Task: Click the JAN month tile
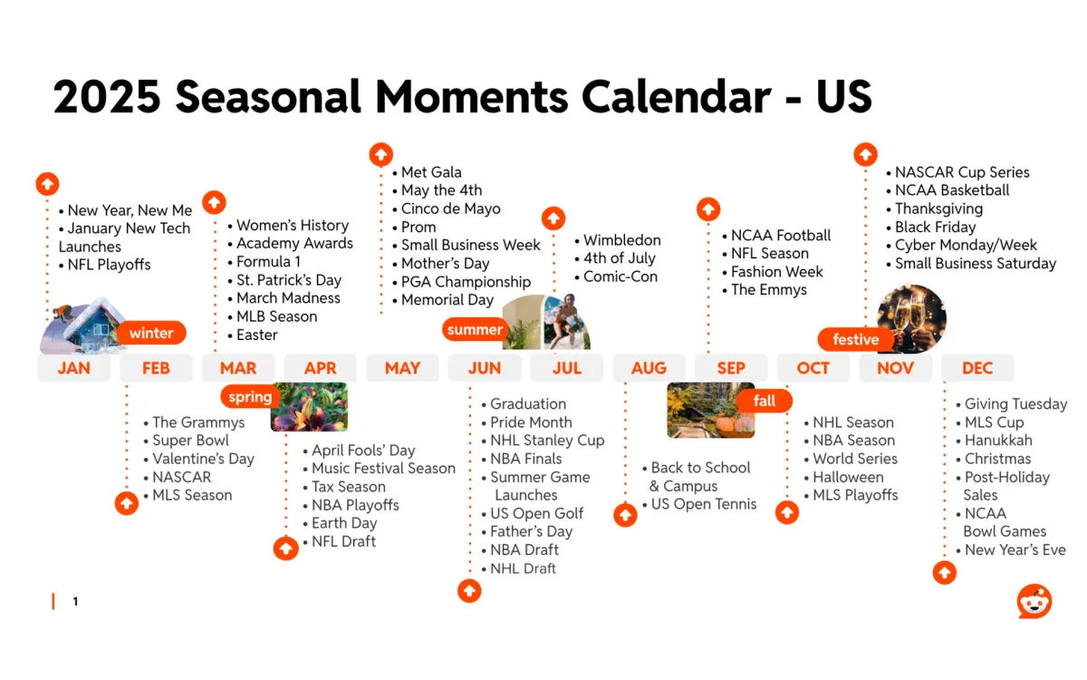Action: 73,368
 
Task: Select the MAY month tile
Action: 402,368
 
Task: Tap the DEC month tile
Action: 977,368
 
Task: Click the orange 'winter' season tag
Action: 151,333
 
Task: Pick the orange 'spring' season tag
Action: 250,397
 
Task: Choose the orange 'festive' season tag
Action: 856,339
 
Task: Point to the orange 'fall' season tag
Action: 765,401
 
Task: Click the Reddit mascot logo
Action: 1034,601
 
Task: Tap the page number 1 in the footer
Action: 75,601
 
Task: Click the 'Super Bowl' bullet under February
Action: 190,441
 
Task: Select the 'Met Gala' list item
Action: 431,172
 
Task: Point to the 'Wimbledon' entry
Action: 621,240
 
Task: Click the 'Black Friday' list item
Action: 935,227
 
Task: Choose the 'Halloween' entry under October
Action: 848,477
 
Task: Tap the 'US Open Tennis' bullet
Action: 703,504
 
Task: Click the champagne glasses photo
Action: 912,316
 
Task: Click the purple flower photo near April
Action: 309,407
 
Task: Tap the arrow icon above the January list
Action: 47,184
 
